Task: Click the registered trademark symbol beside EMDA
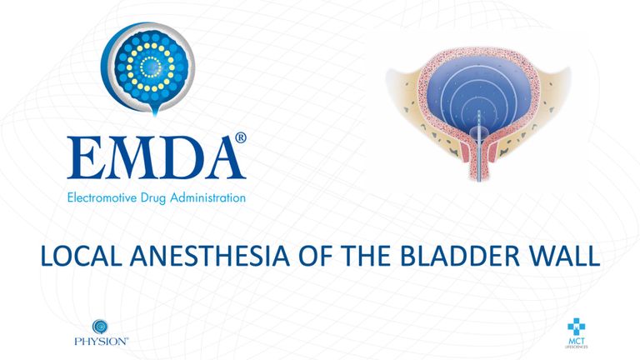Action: (241, 137)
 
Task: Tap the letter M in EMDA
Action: (128, 158)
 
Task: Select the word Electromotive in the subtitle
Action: (102, 198)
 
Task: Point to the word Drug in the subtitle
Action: (153, 199)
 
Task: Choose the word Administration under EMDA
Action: (208, 198)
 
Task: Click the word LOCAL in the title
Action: (82, 256)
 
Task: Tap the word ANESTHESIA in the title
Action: (210, 256)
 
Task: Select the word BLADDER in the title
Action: (460, 256)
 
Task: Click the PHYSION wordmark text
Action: (101, 341)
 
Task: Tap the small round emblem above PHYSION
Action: (100, 327)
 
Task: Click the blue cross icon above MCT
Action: (576, 327)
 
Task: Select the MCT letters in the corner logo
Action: (577, 341)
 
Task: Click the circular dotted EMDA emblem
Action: (147, 68)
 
